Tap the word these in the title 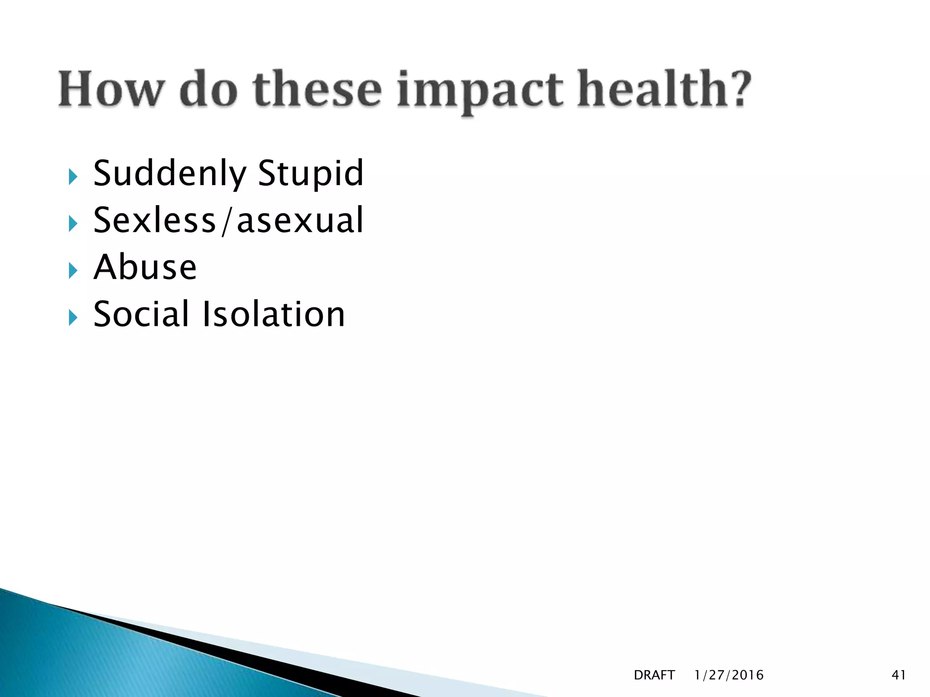point(317,89)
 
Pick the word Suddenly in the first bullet point(170,174)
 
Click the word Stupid point(311,174)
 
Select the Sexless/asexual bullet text point(228,221)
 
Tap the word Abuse point(145,267)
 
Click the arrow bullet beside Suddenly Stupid point(73,177)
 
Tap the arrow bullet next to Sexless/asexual point(73,223)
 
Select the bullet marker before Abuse point(73,270)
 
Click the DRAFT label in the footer point(654,675)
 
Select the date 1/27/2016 point(729,675)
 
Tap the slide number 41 point(899,675)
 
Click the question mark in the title point(737,89)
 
